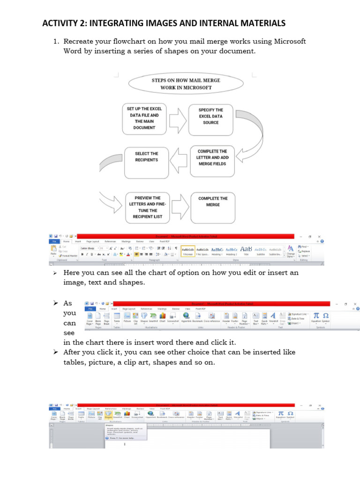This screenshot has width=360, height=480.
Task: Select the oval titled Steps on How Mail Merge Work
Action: [x=186, y=83]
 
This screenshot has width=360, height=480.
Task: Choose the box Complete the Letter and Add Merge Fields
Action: [x=212, y=160]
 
